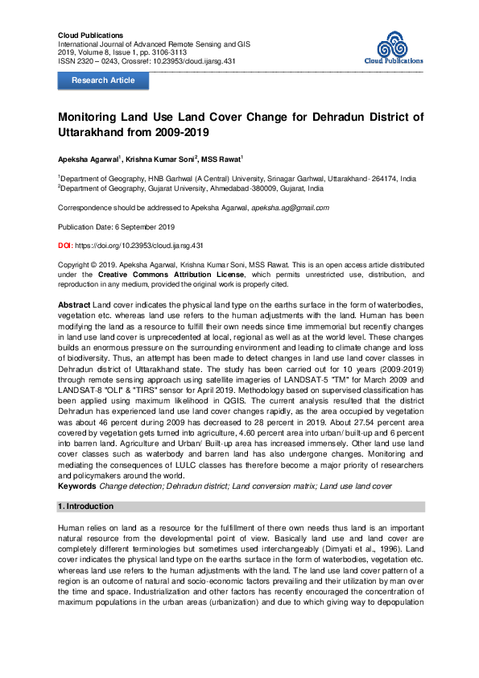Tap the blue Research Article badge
click(x=103, y=81)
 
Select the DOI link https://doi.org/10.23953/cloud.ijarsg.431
click(x=139, y=244)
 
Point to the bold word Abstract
click(x=74, y=307)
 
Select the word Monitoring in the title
click(x=92, y=117)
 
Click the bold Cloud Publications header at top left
click(x=91, y=35)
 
